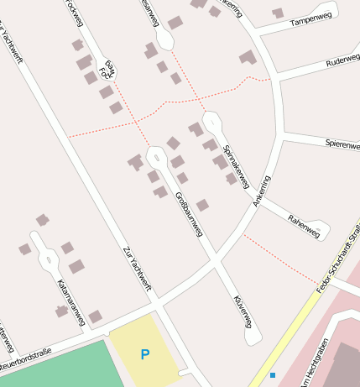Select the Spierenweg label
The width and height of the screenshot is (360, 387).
tap(342, 144)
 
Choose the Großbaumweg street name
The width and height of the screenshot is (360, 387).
tap(189, 213)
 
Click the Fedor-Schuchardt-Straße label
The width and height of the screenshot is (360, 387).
tap(339, 258)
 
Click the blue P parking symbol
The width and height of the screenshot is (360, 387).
tap(145, 355)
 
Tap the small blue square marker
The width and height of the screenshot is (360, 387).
tap(273, 374)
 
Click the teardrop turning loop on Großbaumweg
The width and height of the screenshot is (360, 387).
tap(156, 156)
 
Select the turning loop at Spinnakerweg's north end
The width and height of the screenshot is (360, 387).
tap(211, 122)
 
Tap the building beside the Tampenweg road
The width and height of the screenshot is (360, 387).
tap(278, 13)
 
